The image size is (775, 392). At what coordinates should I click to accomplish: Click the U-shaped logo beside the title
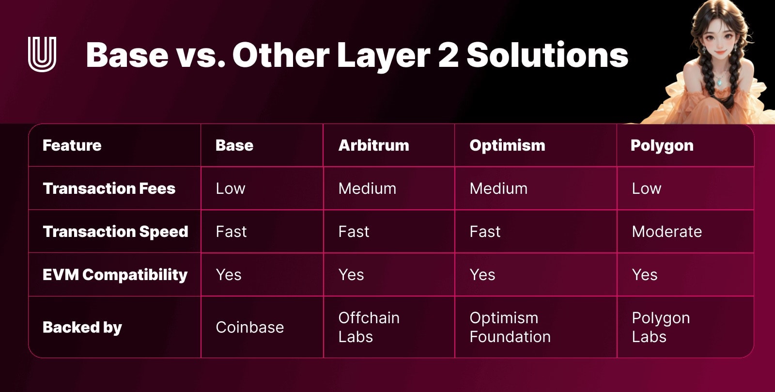pos(42,54)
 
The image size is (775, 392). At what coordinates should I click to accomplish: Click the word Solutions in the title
pos(547,55)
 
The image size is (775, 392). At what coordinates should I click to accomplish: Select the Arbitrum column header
pos(373,145)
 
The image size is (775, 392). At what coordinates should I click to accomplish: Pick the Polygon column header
pos(662,146)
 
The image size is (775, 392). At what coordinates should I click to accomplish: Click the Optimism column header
pos(507,146)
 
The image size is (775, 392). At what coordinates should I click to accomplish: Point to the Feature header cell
pos(72,145)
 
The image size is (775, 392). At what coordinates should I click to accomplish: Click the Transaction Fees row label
pos(109,188)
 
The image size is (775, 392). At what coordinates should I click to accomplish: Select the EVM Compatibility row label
pos(115,275)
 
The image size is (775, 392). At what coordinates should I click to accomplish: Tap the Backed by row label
pos(82,327)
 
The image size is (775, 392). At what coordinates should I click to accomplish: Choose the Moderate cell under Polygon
pos(666,232)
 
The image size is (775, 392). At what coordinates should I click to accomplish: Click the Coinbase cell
pos(249,327)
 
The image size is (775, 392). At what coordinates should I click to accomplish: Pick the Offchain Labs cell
pos(369,327)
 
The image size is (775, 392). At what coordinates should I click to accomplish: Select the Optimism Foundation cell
pos(510,327)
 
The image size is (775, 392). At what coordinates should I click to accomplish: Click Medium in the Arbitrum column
pos(367,188)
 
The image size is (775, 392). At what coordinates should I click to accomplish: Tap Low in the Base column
pos(231,188)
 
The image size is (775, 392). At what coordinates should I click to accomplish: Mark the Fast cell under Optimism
pos(485,232)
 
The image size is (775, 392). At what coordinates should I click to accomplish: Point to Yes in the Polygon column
pos(644,275)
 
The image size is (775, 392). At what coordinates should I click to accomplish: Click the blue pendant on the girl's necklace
pos(719,82)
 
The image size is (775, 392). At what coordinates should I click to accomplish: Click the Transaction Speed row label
pos(115,232)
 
